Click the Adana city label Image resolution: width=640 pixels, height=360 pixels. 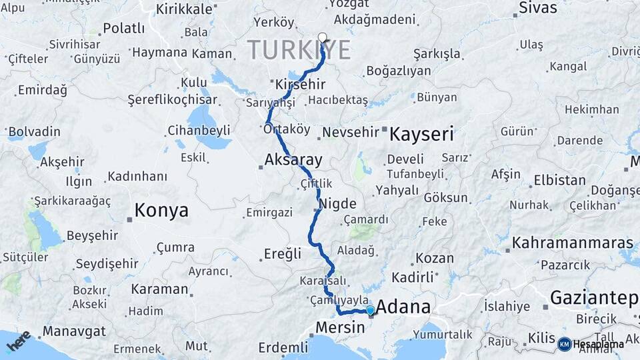tap(403, 307)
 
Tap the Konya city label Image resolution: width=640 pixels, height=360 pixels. tap(161, 211)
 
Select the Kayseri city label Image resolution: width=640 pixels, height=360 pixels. tap(421, 134)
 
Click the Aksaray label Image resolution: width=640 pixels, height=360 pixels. tap(293, 160)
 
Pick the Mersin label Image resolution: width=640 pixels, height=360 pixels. tap(340, 327)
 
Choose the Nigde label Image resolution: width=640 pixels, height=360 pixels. tap(338, 203)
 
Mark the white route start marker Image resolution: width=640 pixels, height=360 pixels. tap(323, 37)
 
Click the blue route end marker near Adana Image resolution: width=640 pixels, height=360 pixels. tap(370, 310)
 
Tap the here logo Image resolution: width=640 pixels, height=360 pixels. tap(19, 341)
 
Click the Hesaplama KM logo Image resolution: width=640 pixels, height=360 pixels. tap(591, 344)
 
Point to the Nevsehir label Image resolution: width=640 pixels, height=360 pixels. tap(350, 133)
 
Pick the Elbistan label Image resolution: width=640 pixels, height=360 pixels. tap(559, 181)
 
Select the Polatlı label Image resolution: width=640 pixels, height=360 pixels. tap(123, 29)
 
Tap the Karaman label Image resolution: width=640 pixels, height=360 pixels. tap(159, 289)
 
